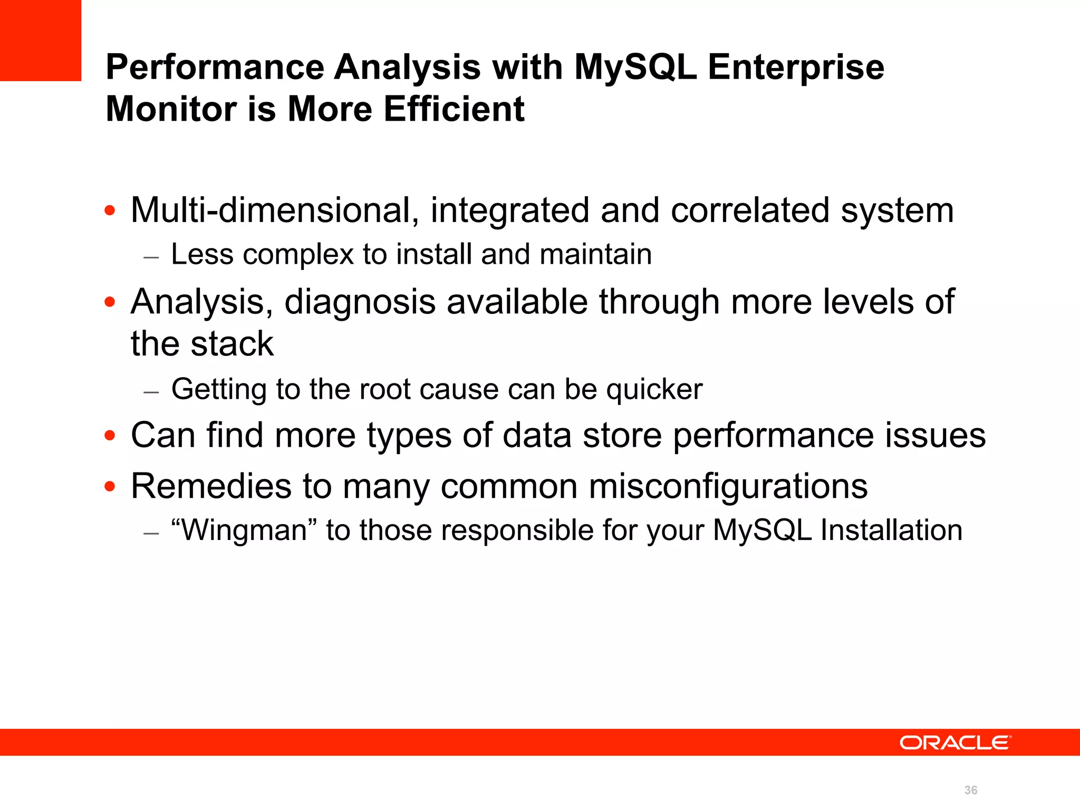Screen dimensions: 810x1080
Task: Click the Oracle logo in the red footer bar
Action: click(x=955, y=742)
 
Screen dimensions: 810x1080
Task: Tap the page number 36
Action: click(x=970, y=790)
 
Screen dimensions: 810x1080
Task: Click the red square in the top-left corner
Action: click(x=41, y=40)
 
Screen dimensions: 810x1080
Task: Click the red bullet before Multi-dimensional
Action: click(x=110, y=211)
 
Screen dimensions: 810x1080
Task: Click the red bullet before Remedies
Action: click(x=110, y=486)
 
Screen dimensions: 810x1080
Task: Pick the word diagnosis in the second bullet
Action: click(x=360, y=302)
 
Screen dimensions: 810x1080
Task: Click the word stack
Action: click(x=232, y=344)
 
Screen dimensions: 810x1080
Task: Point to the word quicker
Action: click(x=654, y=390)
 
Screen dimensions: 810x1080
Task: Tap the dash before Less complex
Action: click(x=151, y=257)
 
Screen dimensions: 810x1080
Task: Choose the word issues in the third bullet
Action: click(x=934, y=436)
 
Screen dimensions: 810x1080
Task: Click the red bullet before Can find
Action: click(x=110, y=436)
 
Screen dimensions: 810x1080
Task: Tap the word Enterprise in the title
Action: click(x=796, y=67)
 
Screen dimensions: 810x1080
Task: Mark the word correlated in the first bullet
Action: click(x=750, y=210)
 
